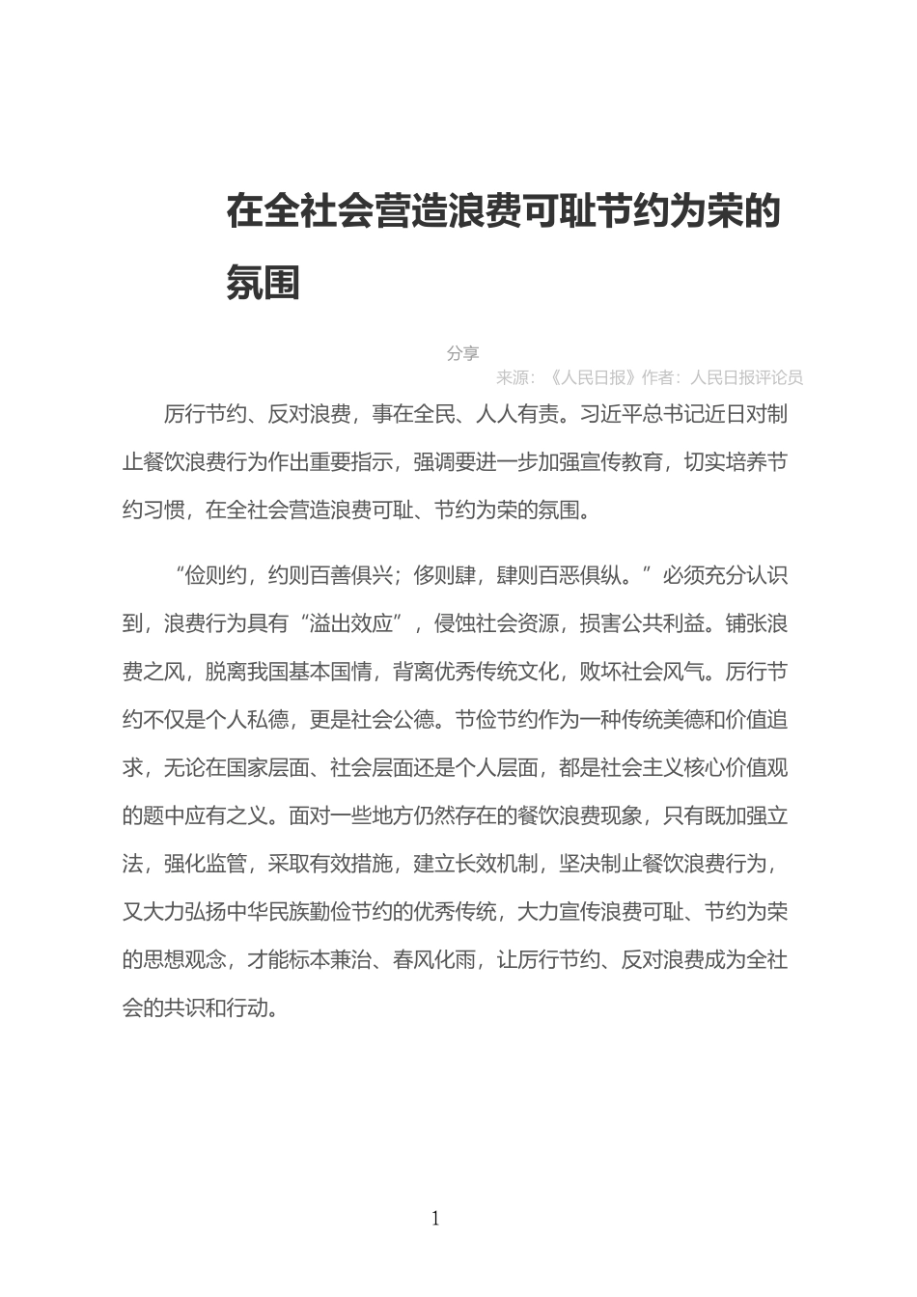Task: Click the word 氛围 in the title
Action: [264, 283]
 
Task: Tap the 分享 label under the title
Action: [462, 353]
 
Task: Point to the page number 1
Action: [435, 1219]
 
